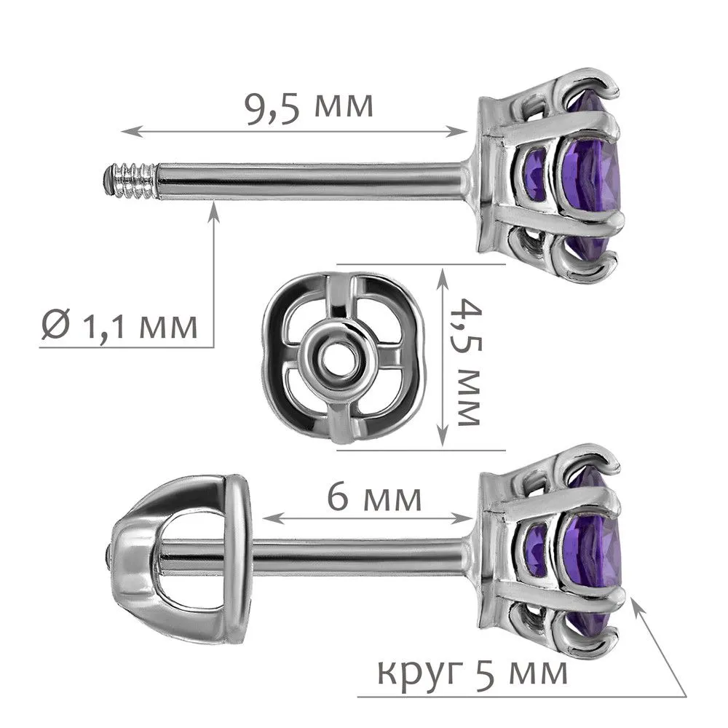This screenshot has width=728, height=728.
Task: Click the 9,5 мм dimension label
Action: [x=309, y=108]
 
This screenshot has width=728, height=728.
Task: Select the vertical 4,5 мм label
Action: [x=468, y=361]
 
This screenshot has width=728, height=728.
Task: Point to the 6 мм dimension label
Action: [x=374, y=497]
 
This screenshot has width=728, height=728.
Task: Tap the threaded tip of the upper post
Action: [x=130, y=180]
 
